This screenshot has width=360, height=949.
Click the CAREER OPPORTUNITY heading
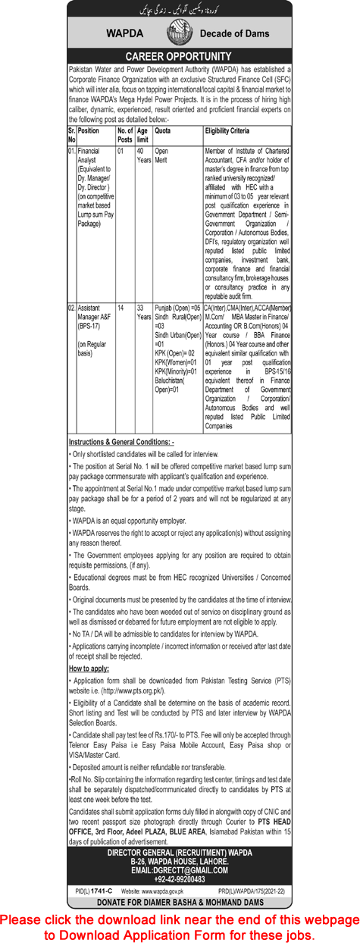pyautogui.click(x=179, y=57)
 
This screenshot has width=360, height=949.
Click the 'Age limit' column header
pyautogui.click(x=144, y=134)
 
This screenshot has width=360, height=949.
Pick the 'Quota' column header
pyautogui.click(x=163, y=130)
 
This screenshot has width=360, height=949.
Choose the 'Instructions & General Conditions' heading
pyautogui.click(x=121, y=441)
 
